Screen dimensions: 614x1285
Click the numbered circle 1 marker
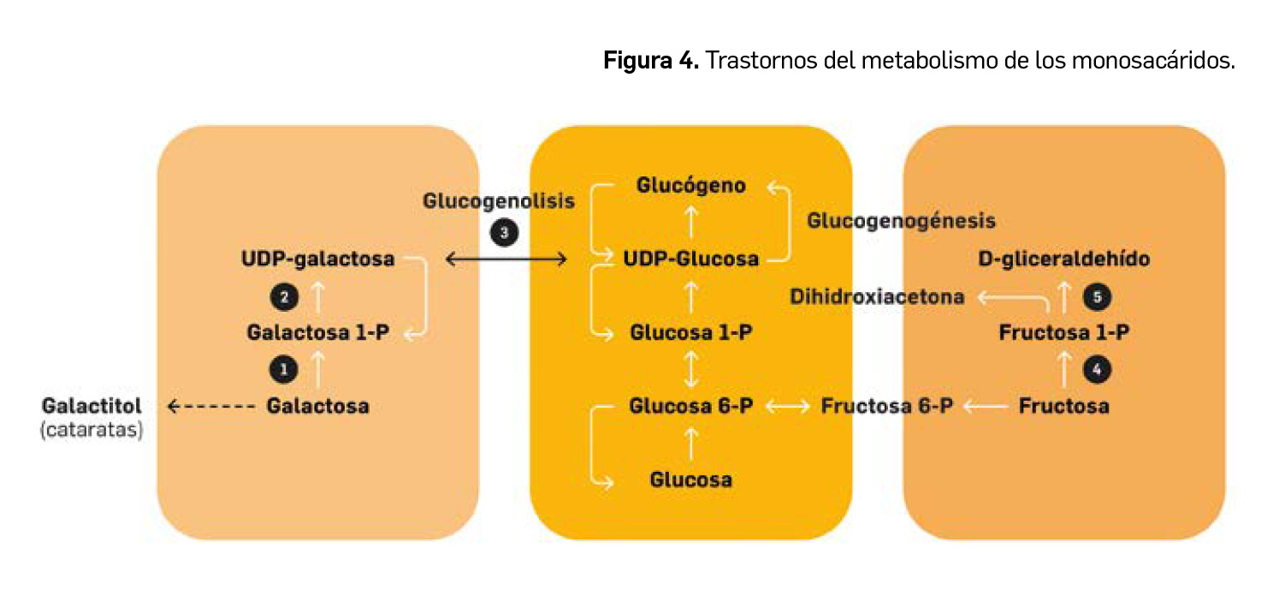coord(283,369)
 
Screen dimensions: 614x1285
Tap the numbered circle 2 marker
coord(283,297)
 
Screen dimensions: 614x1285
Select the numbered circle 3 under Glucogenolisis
coord(504,232)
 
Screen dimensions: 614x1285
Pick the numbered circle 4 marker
coord(1097,369)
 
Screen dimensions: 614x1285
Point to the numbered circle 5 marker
coord(1097,297)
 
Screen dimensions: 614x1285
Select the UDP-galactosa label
coord(318,258)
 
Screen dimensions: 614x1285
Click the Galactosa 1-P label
coord(317,332)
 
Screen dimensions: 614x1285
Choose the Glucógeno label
coord(691,186)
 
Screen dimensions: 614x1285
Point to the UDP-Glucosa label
coord(691,258)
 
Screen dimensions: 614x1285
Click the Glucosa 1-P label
coord(691,332)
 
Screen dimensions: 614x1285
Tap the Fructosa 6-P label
coord(886,405)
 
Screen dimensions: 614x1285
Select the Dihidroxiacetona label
coord(878,297)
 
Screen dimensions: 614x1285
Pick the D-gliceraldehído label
coord(1064,258)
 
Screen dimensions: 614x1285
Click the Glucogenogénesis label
coord(902,221)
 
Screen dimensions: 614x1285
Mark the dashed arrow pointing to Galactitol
coord(210,406)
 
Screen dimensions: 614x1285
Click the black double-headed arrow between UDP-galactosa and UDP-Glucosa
coord(506,259)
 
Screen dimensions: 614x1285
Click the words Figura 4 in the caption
coord(652,62)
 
